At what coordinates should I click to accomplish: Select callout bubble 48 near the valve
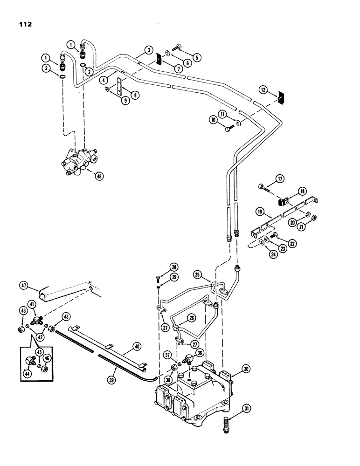pos(98,176)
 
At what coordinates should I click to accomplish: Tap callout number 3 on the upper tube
pos(148,50)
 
